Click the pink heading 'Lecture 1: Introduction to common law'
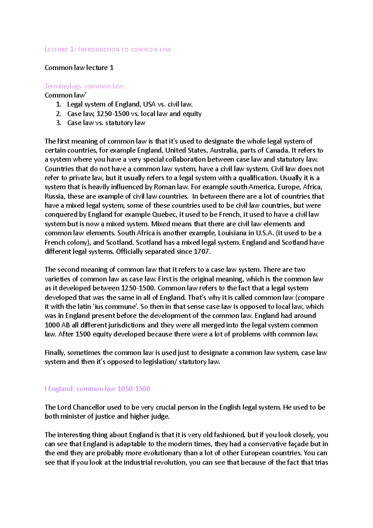click(x=108, y=49)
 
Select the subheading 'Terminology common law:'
click(x=85, y=86)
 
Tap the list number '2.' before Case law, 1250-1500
click(x=59, y=114)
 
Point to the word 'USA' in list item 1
click(x=149, y=104)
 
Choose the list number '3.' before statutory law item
click(x=59, y=123)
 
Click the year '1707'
click(x=202, y=252)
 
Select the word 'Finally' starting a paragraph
click(x=55, y=353)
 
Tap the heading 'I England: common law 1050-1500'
click(x=97, y=389)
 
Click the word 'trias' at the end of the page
click(x=321, y=462)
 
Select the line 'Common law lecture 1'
click(x=79, y=68)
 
